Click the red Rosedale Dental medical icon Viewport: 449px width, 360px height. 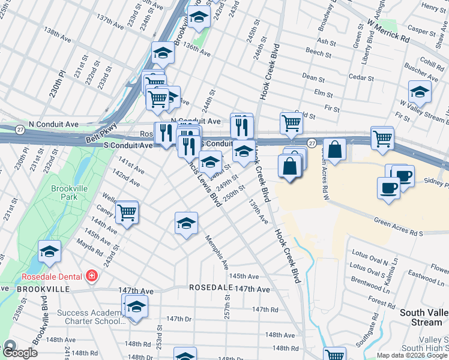[92, 277]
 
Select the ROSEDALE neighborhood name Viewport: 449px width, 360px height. [211, 288]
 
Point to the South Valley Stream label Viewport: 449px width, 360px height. [421, 317]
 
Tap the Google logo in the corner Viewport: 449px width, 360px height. [20, 352]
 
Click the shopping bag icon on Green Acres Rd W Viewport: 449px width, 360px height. [336, 149]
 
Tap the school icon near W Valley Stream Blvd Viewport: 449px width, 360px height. [420, 91]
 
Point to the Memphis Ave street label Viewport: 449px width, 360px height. [218, 251]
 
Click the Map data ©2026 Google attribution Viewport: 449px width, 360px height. [412, 355]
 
